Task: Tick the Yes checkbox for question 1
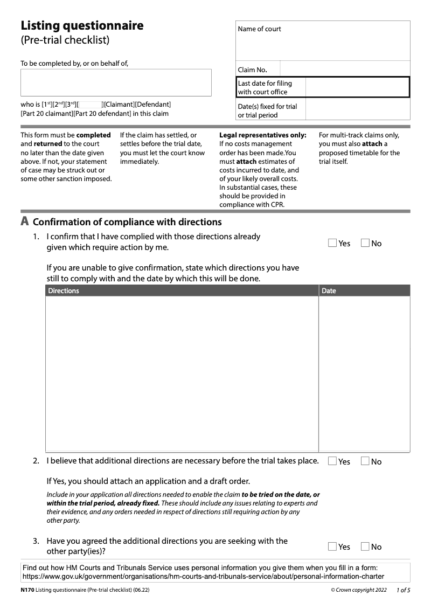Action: [332, 243]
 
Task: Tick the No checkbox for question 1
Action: [365, 243]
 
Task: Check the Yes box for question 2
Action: [332, 461]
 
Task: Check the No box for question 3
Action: [365, 546]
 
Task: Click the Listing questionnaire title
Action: [82, 26]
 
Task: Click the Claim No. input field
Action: [345, 69]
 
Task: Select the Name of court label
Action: [260, 29]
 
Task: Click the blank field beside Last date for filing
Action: [357, 87]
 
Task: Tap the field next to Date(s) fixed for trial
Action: [357, 110]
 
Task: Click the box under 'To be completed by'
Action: [116, 82]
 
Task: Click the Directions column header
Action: [64, 291]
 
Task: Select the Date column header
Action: [329, 291]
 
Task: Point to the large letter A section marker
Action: [24, 222]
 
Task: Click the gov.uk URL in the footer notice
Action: [203, 576]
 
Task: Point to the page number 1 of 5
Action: [403, 590]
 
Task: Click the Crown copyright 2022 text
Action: [359, 590]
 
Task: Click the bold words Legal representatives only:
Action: [262, 135]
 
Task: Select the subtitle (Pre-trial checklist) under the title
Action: [65, 40]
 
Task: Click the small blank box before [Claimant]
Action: [90, 105]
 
